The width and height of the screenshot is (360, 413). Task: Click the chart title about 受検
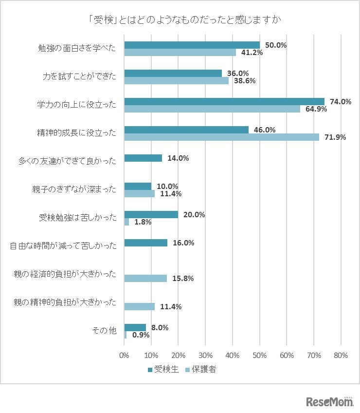pyautogui.click(x=180, y=20)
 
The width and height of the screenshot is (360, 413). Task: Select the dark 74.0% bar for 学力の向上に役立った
pyautogui.click(x=224, y=101)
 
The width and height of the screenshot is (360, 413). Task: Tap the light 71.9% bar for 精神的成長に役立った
pyautogui.click(x=221, y=137)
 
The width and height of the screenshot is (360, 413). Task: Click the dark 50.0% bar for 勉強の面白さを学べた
pyautogui.click(x=192, y=45)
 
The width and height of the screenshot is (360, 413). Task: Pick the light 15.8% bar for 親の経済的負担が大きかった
pyautogui.click(x=145, y=278)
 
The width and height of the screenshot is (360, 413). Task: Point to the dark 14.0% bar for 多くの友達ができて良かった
pyautogui.click(x=143, y=158)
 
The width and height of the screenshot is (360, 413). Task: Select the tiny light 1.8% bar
pyautogui.click(x=126, y=222)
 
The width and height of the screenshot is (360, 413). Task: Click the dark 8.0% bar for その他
pyautogui.click(x=135, y=327)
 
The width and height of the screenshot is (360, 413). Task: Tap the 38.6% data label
pyautogui.click(x=242, y=81)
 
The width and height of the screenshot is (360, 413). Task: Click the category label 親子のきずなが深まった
pyautogui.click(x=78, y=189)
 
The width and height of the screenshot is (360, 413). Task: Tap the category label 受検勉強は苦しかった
pyautogui.click(x=78, y=218)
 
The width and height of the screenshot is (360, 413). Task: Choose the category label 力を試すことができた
pyautogui.click(x=80, y=76)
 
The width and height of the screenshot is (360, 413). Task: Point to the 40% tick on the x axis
pyautogui.click(x=232, y=356)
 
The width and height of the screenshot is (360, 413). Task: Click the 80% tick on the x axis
pyautogui.click(x=341, y=356)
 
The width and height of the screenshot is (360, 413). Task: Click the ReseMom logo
pyautogui.click(x=329, y=401)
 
